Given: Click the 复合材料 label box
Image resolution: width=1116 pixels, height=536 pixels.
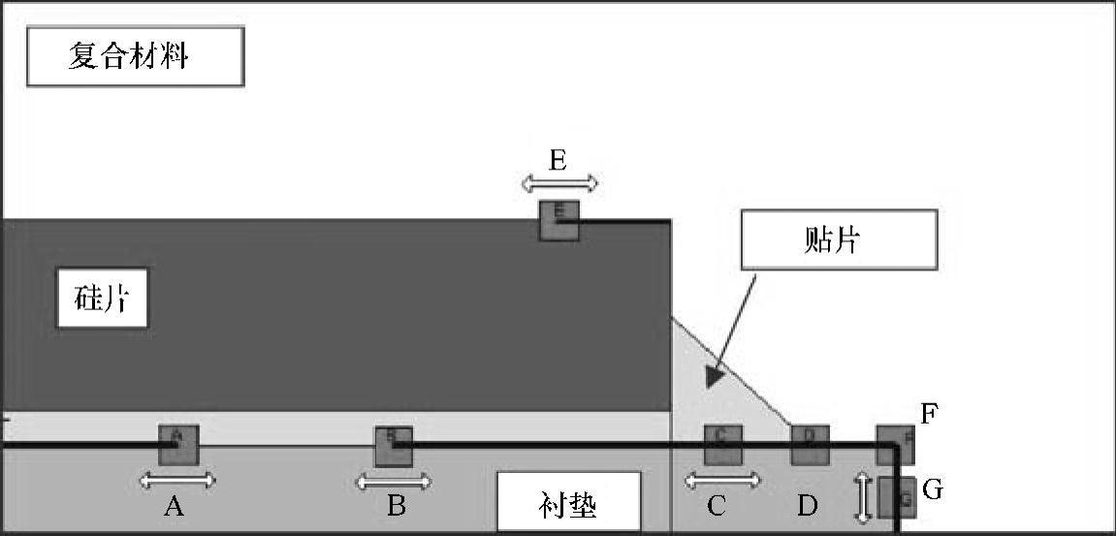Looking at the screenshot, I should tap(135, 56).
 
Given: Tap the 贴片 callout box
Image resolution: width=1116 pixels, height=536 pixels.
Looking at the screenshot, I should tap(839, 239).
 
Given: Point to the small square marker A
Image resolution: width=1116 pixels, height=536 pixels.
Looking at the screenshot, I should tap(178, 444).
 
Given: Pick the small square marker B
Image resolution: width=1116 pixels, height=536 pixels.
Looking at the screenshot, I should tap(394, 445).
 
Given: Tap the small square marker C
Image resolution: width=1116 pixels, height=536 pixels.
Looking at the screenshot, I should tap(722, 444).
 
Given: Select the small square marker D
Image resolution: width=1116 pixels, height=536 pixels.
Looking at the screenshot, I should tap(810, 444).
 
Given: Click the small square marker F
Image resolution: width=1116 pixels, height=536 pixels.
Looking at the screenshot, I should tap(896, 444).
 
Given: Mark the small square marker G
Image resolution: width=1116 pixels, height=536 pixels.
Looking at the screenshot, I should tap(897, 497).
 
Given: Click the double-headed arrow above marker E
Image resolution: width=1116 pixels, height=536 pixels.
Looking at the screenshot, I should tap(558, 182).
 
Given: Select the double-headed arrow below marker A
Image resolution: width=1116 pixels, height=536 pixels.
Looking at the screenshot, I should tap(176, 479).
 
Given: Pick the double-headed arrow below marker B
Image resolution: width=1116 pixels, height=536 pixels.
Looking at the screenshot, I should tap(394, 481).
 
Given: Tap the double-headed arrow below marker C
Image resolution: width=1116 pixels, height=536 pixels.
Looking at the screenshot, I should tap(722, 479).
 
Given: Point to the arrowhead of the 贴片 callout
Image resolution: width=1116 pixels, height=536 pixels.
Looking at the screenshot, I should tap(714, 377).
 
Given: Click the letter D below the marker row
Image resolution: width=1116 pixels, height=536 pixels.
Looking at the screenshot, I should tap(807, 506).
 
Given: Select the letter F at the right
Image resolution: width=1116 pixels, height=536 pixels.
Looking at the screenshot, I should tap(929, 416).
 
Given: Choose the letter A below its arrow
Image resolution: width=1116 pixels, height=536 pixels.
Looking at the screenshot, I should tap(175, 506).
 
